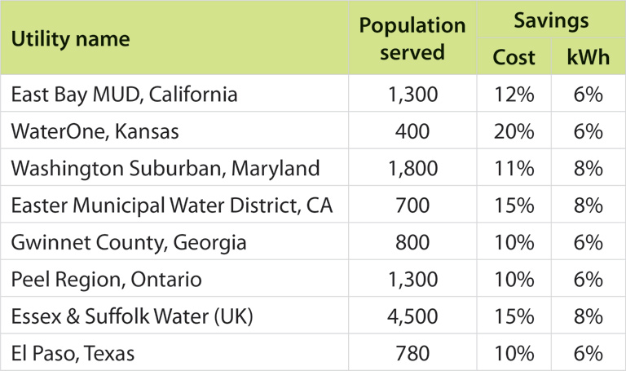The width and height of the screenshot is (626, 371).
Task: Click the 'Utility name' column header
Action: point(70,38)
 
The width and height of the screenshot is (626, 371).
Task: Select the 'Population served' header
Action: point(412,38)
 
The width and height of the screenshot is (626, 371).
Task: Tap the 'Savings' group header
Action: point(550,21)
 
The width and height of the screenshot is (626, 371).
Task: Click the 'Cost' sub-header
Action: point(514,57)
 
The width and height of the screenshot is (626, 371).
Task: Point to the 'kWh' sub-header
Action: point(587,57)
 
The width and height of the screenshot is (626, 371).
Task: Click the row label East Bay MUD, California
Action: point(124,95)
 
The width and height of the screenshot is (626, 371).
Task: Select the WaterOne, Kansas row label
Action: point(95,131)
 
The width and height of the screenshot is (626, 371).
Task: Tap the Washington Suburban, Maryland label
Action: point(165,169)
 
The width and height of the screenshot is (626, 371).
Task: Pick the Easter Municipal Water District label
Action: point(171,205)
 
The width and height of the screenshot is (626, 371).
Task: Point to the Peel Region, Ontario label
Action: point(106,280)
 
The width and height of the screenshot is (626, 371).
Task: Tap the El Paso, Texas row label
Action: point(73,354)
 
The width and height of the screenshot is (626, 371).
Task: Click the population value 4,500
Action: point(412,317)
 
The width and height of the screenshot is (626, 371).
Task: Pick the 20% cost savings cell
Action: point(514,131)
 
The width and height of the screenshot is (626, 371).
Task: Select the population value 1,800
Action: point(412,169)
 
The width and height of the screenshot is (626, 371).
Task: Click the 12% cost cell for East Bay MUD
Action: point(514,95)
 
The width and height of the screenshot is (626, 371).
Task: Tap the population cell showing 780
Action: point(412,354)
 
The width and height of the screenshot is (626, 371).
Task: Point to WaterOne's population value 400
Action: point(412,131)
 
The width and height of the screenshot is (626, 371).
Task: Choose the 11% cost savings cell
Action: point(514,169)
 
